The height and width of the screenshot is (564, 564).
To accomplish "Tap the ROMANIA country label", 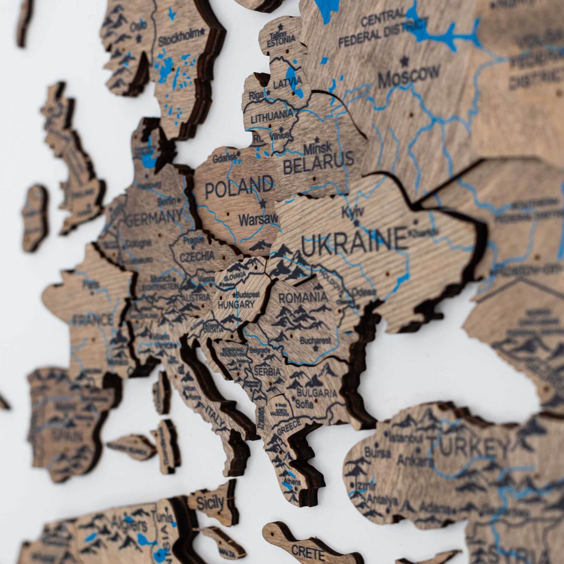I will click(x=303, y=297).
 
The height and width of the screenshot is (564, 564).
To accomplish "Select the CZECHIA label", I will click(x=197, y=256).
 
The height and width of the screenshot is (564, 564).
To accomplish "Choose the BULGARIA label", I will click(x=317, y=392).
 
